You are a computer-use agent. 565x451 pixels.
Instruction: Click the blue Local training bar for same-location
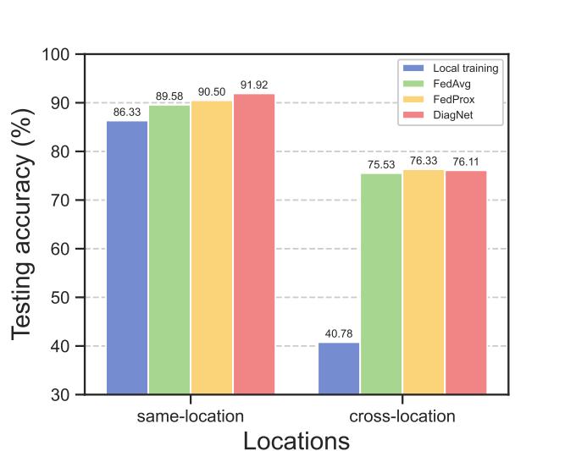pyautogui.click(x=127, y=257)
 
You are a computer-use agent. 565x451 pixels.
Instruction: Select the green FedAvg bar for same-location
pyautogui.click(x=169, y=250)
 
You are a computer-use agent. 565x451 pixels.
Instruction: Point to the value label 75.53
pyautogui.click(x=381, y=165)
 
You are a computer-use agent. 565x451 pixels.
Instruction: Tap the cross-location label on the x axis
pyautogui.click(x=402, y=416)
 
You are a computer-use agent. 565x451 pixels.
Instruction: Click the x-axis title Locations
pyautogui.click(x=296, y=441)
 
